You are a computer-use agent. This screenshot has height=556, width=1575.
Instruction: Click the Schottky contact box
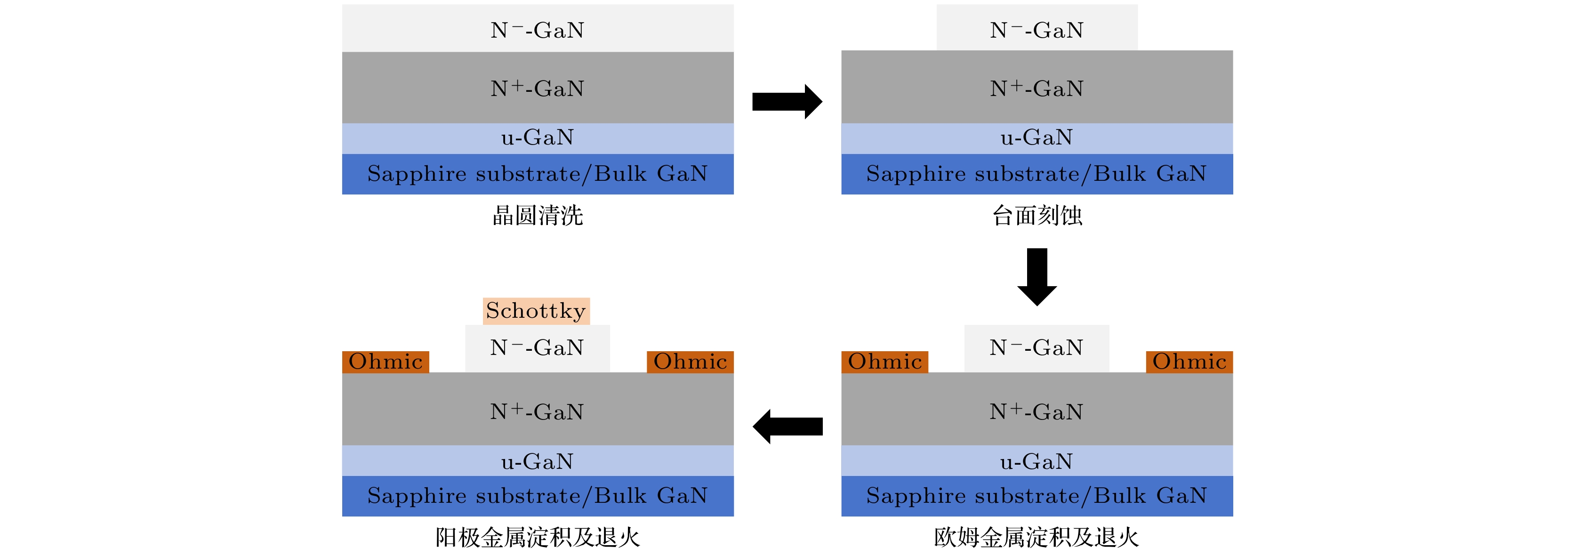pyautogui.click(x=536, y=311)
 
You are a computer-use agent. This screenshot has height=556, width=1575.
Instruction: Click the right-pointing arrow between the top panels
pyautogui.click(x=787, y=102)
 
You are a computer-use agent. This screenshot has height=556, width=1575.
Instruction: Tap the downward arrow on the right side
pyautogui.click(x=1037, y=276)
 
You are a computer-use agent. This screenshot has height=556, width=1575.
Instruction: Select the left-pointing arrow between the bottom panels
pyautogui.click(x=787, y=427)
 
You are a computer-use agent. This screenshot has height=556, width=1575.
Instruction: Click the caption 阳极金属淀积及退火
pyautogui.click(x=538, y=538)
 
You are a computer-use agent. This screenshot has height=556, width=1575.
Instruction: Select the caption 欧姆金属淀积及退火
pyautogui.click(x=1037, y=538)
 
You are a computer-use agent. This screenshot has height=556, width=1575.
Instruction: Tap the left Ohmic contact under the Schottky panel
pyautogui.click(x=385, y=362)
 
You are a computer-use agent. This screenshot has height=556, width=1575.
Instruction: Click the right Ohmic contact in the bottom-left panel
pyautogui.click(x=690, y=362)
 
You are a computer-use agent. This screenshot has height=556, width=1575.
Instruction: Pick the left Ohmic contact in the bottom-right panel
pyautogui.click(x=885, y=362)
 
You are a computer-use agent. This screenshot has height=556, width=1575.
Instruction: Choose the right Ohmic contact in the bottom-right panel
pyautogui.click(x=1189, y=362)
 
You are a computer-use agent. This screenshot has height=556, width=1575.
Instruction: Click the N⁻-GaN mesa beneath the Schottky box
pyautogui.click(x=538, y=348)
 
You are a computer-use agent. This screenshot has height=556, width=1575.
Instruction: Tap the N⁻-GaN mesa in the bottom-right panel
pyautogui.click(x=1037, y=348)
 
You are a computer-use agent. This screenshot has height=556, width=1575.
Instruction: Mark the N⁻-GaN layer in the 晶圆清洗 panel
pyautogui.click(x=538, y=29)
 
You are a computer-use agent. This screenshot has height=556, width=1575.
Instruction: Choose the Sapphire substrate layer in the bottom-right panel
pyautogui.click(x=1037, y=495)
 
